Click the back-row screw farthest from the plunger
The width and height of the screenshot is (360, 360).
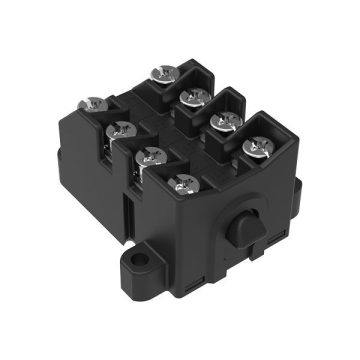[161, 73]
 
